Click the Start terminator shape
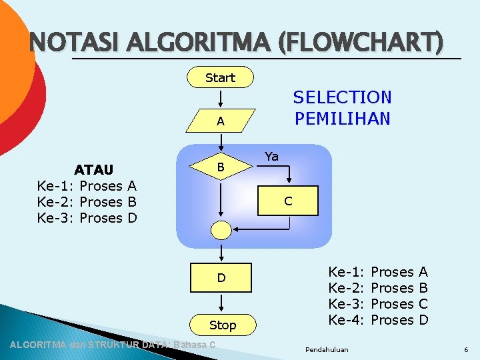pos(220,77)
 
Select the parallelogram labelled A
pos(220,121)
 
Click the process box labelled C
pos(288,200)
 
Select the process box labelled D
pos(221,277)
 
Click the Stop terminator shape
pos(223,325)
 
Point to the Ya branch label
pos(271,157)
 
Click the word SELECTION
pos(342,97)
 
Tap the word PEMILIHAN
pos(342,119)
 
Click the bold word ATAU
pos(94,170)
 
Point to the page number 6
pos(466,349)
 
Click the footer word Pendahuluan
pos(326,349)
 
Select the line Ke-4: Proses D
pos(378,320)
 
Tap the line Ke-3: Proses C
pos(378,304)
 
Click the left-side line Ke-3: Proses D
pos(87,218)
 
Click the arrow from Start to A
pos(221,98)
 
